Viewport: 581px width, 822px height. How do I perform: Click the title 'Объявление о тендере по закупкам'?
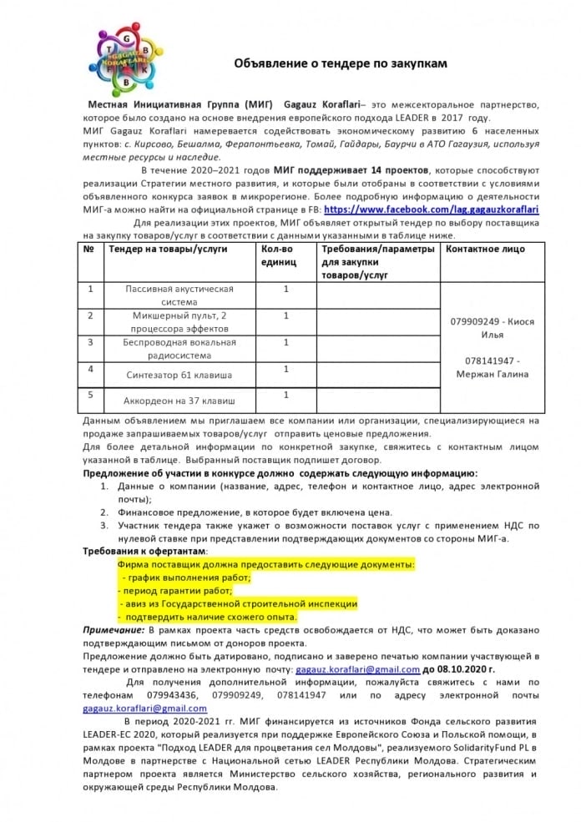(x=341, y=63)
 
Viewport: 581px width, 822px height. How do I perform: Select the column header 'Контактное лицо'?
(x=485, y=249)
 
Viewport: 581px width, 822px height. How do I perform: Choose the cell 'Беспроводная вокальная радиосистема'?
(x=179, y=348)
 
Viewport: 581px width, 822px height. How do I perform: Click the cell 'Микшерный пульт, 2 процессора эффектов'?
(x=179, y=322)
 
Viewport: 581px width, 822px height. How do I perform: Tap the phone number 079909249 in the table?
(x=477, y=321)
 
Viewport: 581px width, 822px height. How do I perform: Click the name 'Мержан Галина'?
(x=492, y=374)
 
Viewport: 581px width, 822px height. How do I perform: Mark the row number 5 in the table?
(x=90, y=394)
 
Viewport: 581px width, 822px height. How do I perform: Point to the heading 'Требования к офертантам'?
(x=144, y=552)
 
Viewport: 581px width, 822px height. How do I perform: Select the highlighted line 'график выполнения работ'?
(x=186, y=577)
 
